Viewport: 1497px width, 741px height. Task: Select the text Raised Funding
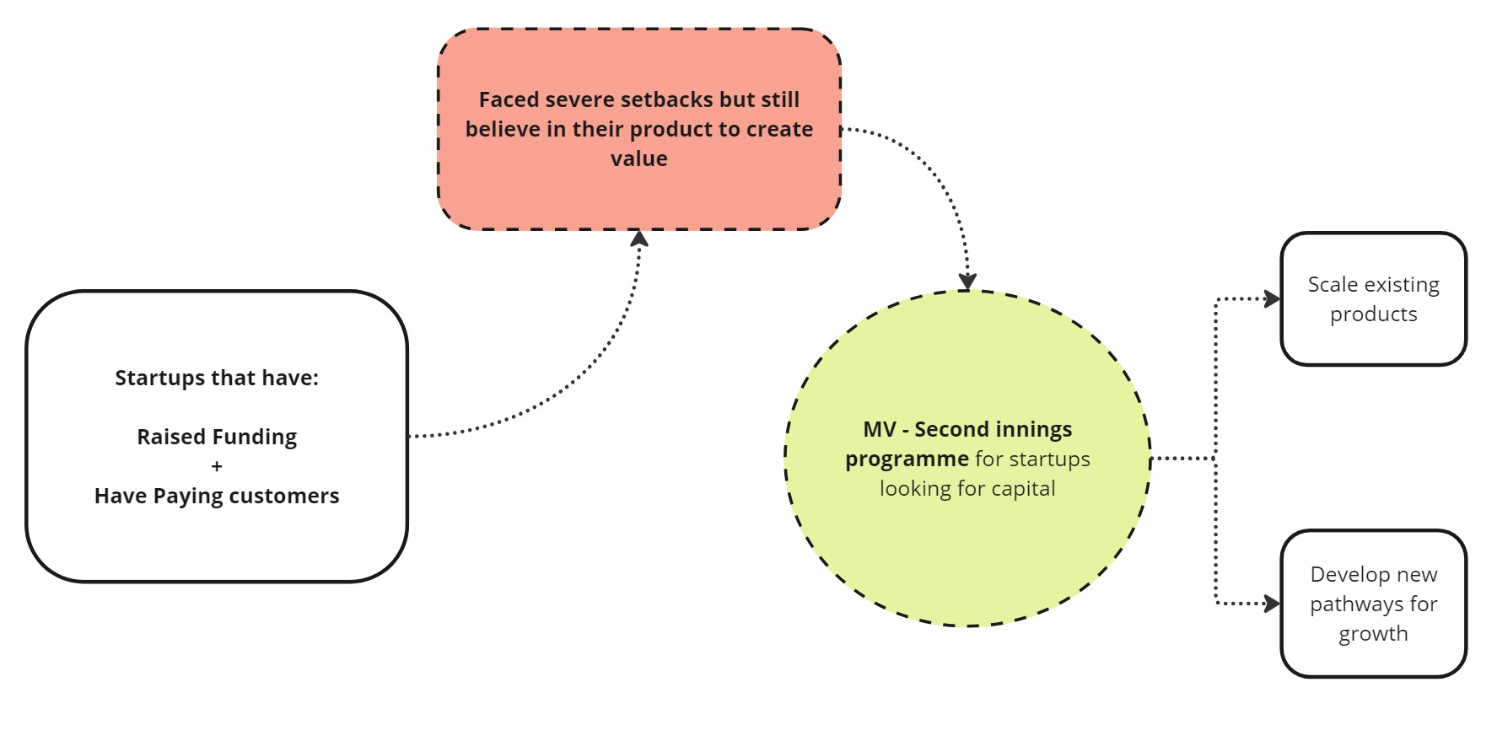point(217,438)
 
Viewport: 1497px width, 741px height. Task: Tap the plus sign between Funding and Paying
point(217,466)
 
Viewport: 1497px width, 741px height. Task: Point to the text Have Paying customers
point(217,496)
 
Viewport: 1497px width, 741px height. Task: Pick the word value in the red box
point(639,158)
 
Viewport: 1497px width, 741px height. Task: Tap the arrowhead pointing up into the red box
point(639,238)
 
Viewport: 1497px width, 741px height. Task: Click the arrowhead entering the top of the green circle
point(967,282)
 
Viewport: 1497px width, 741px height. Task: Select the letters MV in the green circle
point(880,429)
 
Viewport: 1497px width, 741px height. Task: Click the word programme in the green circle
point(907,459)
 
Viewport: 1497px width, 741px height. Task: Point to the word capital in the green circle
point(1023,489)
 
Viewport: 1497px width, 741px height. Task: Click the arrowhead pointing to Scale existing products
point(1273,298)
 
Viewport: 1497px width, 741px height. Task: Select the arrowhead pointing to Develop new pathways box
point(1273,604)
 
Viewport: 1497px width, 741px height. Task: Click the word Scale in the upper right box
point(1333,285)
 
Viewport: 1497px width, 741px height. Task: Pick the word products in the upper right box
point(1374,314)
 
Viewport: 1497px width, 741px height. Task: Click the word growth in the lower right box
point(1374,634)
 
